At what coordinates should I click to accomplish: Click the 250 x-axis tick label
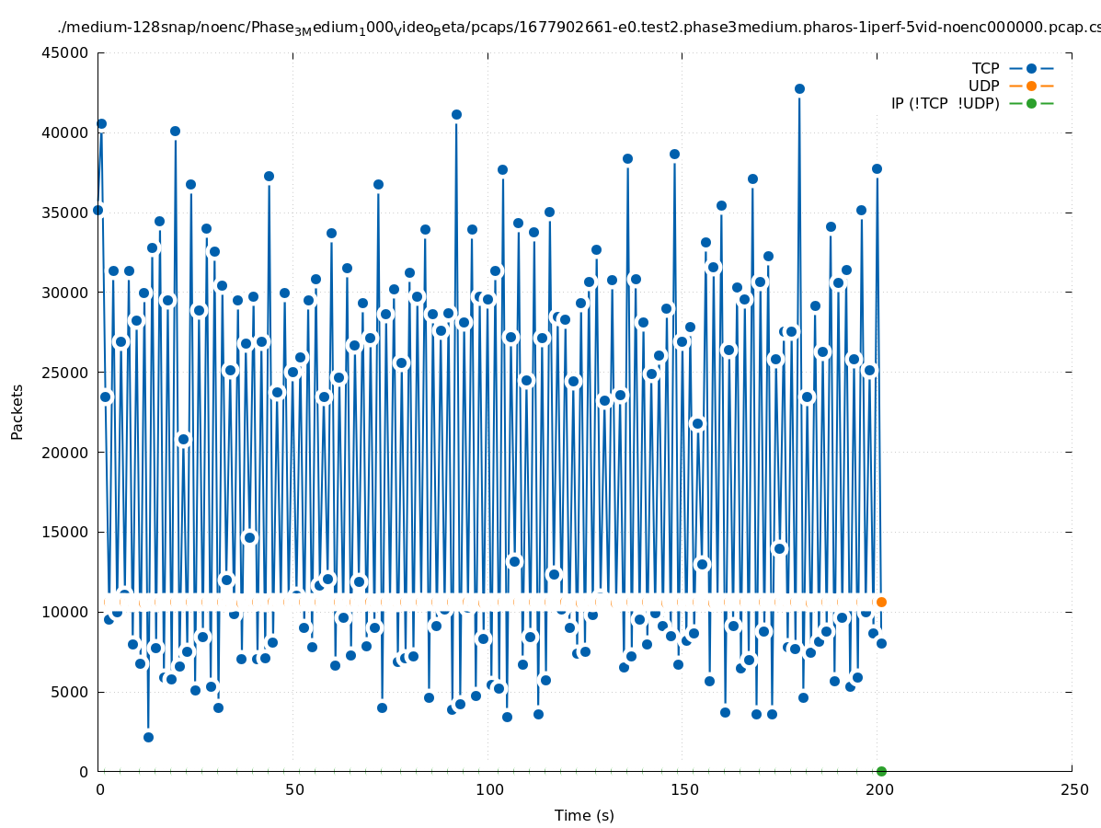tap(1072, 789)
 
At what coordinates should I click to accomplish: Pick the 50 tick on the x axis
tap(293, 789)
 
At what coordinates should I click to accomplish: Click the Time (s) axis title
tap(584, 815)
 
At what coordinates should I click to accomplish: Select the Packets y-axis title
tap(17, 411)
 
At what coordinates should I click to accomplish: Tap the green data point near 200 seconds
tap(881, 771)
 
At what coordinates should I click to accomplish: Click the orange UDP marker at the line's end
tap(881, 602)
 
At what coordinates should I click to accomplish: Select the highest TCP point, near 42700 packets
tap(799, 89)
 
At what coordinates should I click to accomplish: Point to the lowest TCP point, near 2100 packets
tap(148, 737)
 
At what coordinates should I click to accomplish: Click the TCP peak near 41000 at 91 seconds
tap(456, 115)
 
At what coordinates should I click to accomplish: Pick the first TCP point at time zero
tap(97, 211)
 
